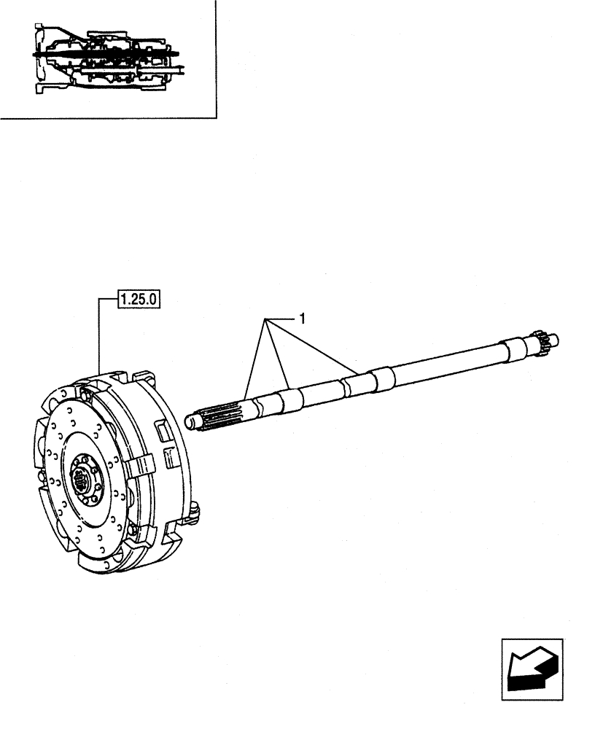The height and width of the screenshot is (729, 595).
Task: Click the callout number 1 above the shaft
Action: tap(301, 318)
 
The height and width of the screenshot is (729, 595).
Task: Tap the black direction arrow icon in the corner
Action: tap(532, 664)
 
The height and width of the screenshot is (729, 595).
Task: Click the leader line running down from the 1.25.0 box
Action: tap(99, 335)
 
